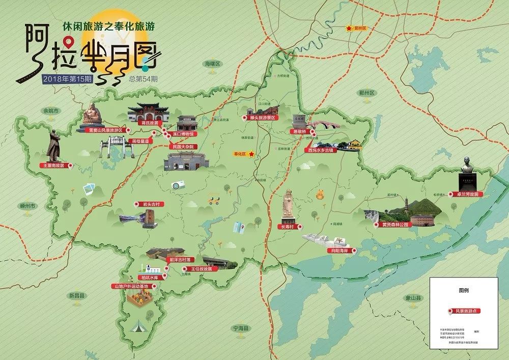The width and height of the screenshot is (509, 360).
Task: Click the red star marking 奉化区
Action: click(x=252, y=153)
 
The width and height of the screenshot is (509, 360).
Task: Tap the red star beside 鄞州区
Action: click(x=349, y=29)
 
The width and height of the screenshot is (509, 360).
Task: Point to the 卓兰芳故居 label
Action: click(x=464, y=194)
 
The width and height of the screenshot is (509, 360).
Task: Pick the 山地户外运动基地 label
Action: click(x=132, y=286)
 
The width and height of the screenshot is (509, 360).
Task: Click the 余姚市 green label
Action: click(x=51, y=110)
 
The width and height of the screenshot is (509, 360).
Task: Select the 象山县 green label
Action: click(x=409, y=297)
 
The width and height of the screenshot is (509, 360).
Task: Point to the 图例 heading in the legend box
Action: click(x=463, y=288)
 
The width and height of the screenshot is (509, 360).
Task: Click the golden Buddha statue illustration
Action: click(x=92, y=115)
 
